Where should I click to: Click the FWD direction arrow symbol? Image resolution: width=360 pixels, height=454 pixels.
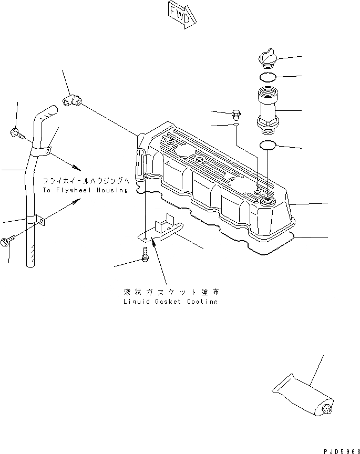point(181,13)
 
